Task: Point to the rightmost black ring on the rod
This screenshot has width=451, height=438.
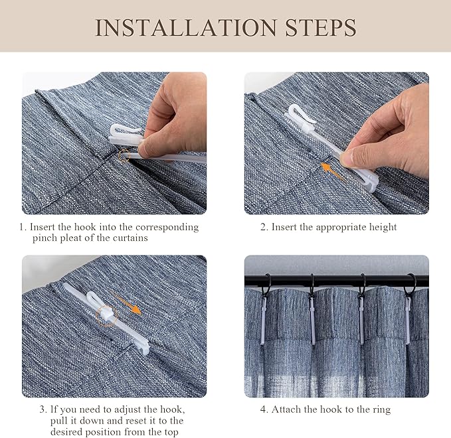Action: click(411, 284)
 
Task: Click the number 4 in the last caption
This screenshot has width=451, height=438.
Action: click(263, 409)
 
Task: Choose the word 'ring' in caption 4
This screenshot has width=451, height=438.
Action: click(380, 409)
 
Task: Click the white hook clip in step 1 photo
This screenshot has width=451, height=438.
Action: click(126, 133)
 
